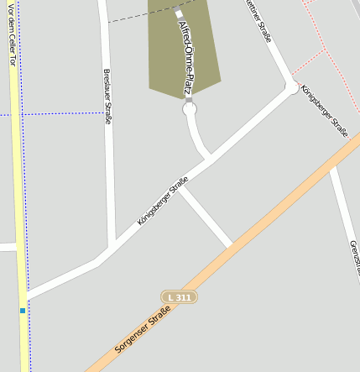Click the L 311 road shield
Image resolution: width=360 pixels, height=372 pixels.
pyautogui.click(x=179, y=297)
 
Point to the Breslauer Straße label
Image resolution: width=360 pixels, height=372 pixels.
pyautogui.click(x=107, y=97)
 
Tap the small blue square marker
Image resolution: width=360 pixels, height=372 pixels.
pyautogui.click(x=23, y=311)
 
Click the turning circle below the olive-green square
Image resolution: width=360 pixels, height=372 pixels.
pyautogui.click(x=189, y=108)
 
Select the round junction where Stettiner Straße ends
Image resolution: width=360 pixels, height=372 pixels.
pyautogui.click(x=292, y=86)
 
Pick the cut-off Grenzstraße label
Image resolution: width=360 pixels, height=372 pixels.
pyautogui.click(x=354, y=256)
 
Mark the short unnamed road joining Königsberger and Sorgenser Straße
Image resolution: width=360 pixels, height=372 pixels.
pyautogui.click(x=206, y=217)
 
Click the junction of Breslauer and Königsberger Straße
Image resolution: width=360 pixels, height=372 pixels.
pyautogui.click(x=110, y=249)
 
